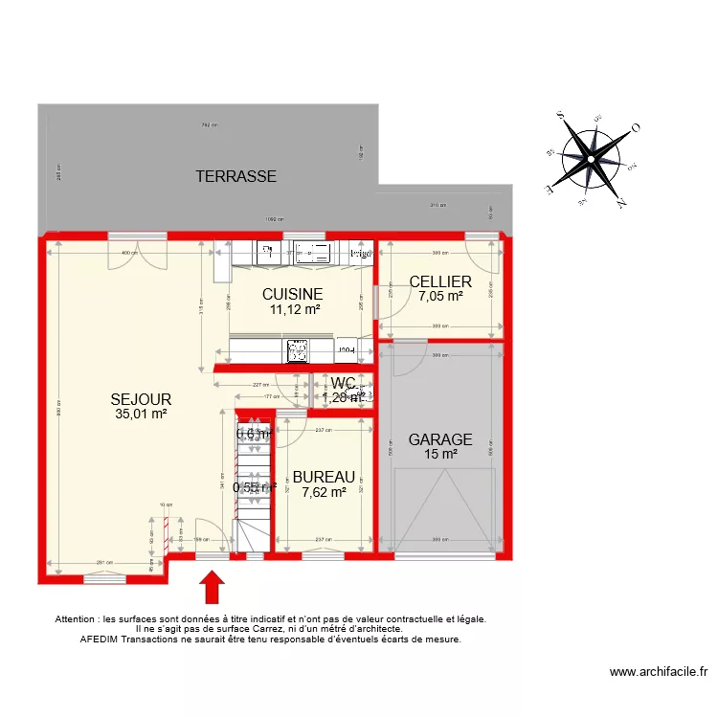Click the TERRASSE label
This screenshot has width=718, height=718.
pos(236,176)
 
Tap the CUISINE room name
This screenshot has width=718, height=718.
pos(293,294)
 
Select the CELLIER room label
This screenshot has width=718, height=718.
pos(439,281)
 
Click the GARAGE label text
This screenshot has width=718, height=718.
pos(440,439)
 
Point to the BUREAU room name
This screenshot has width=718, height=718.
pos(324,477)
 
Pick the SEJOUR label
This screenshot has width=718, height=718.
pos(140,399)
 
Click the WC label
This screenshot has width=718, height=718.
pos(343,384)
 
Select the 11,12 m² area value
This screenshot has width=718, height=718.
pos(293,309)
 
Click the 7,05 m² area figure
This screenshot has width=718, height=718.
pos(439,297)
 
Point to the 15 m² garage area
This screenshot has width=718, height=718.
pos(440,454)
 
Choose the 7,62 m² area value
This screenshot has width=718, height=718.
pos(324,492)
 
